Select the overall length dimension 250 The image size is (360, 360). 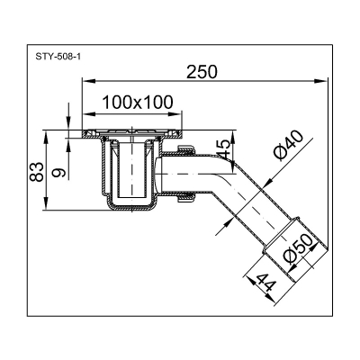[x=200, y=74]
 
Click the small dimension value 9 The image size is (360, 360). [x=58, y=167]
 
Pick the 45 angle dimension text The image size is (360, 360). [x=220, y=148]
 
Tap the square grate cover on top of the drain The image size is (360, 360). [x=126, y=134]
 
